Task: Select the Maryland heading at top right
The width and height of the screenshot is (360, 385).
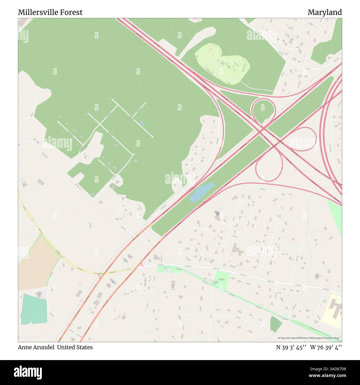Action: [325, 12]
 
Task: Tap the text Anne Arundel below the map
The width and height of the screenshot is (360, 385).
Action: [36, 347]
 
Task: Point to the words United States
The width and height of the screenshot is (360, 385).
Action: [75, 347]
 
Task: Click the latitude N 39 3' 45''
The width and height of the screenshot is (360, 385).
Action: [291, 347]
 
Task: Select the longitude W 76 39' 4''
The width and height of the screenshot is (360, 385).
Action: [326, 347]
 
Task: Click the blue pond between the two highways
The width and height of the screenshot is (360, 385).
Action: [201, 192]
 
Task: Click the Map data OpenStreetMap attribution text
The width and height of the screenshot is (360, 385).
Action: [310, 338]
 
